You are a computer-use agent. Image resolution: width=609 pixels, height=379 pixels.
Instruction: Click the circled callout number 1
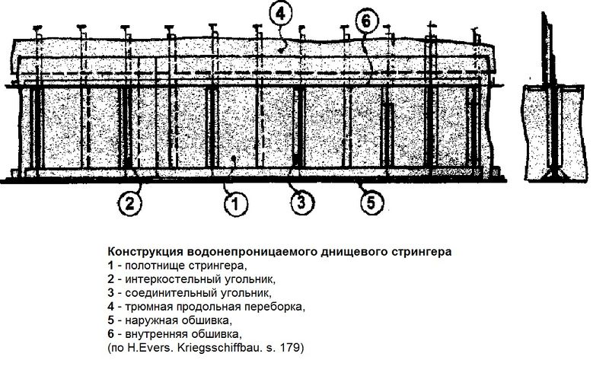[x=235, y=203]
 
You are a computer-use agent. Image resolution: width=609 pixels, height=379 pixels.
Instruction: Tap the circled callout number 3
[x=301, y=202]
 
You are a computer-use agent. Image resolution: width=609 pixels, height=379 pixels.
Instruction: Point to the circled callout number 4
[x=280, y=14]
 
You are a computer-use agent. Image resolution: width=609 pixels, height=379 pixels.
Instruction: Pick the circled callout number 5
[x=371, y=202]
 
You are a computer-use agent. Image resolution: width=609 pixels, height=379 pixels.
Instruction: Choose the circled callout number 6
[x=366, y=22]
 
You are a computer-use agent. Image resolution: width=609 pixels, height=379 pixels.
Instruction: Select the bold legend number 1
[x=110, y=266]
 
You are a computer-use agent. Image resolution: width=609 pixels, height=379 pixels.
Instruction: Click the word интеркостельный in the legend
[x=174, y=279]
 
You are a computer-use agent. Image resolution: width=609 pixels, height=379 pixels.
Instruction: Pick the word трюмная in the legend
[x=148, y=307]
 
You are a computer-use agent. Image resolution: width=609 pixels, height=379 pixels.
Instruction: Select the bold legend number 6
[x=110, y=334]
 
